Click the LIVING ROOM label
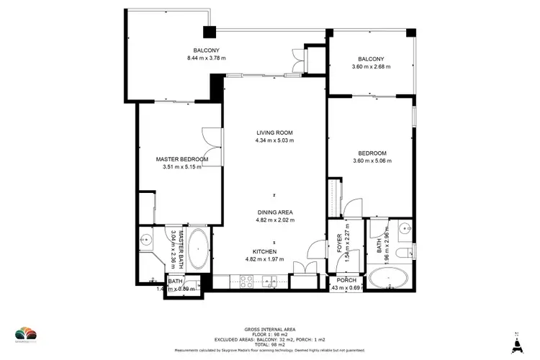click(274, 132)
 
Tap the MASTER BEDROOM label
click(182, 159)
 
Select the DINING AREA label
click(274, 212)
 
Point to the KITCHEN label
click(274, 251)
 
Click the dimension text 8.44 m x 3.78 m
click(206, 58)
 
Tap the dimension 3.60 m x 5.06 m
click(372, 161)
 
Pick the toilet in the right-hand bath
click(407, 249)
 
